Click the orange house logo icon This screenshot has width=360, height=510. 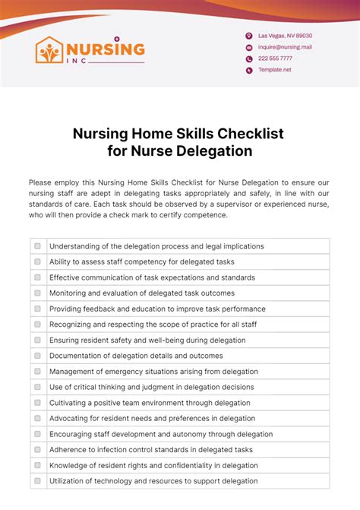point(50,50)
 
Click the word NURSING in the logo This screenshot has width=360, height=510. point(106,48)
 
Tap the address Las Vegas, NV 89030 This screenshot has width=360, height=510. point(285,36)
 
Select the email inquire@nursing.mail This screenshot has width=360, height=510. point(285,47)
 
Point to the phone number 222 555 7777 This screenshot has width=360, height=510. point(275,59)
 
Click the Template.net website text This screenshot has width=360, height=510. point(274,70)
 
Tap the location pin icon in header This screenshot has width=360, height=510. point(248,36)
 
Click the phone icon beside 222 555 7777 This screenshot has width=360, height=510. point(248,59)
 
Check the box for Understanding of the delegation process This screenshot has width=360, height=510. point(37,246)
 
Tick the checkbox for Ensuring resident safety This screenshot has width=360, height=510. point(37,340)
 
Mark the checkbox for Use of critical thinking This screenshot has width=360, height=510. point(37,387)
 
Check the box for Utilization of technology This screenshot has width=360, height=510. point(37,481)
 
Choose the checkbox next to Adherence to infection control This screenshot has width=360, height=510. point(37,450)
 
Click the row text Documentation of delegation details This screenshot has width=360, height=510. point(136,356)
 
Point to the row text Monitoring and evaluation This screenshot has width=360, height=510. point(142,293)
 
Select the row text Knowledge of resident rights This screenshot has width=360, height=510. point(153,466)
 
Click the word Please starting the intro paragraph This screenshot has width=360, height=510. point(42,182)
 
